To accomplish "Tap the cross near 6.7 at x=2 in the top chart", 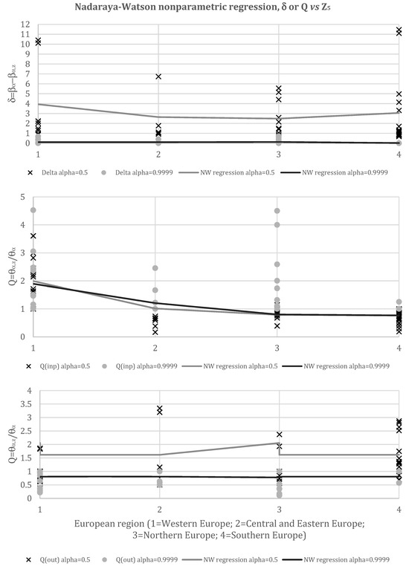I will click(x=158, y=77).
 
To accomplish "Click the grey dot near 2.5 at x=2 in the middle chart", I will click(x=155, y=268).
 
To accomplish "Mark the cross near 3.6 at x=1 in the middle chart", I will click(x=34, y=236).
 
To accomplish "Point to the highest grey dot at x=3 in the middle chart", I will click(x=277, y=211).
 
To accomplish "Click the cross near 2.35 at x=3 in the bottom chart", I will click(x=280, y=435).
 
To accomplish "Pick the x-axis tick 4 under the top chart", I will click(x=399, y=153).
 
